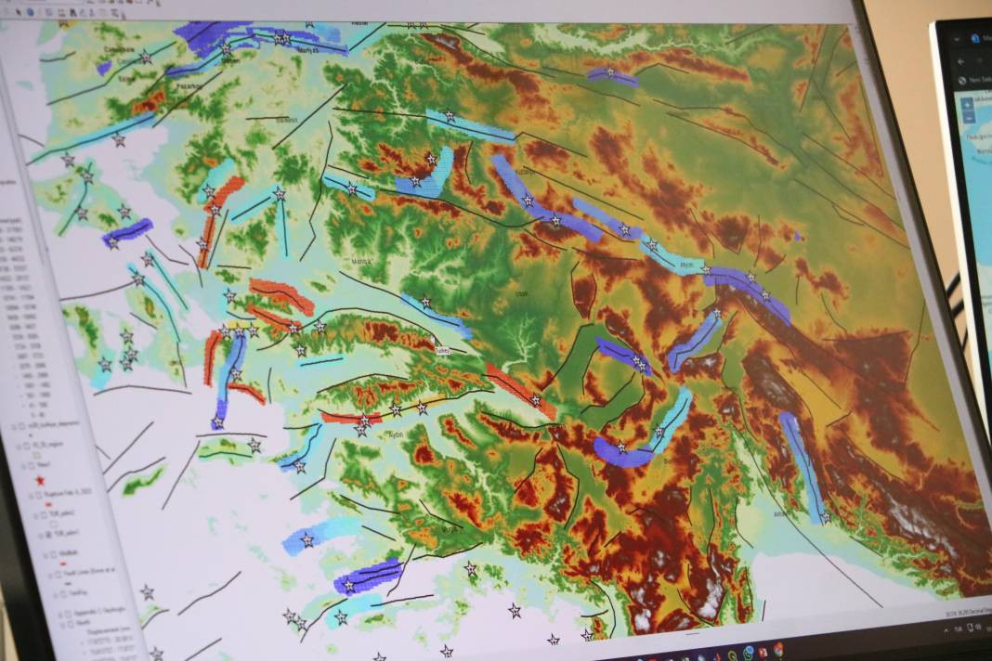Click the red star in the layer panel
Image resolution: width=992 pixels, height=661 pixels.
point(39,479)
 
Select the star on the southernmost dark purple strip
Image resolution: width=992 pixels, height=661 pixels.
point(349,585)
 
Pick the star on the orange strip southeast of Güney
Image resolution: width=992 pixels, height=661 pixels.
point(535,400)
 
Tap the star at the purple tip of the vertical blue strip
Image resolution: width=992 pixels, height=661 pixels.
point(217,422)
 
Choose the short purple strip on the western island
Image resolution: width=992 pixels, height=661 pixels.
point(127,230)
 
